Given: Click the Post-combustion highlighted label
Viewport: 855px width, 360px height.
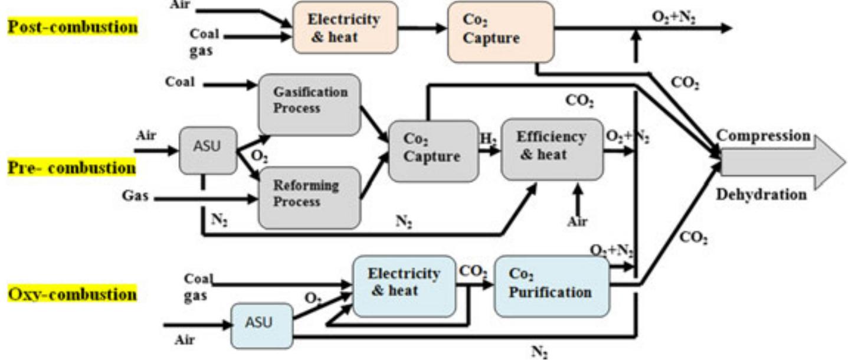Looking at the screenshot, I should point(72,27).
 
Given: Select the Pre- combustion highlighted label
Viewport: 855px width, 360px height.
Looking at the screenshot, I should point(71,168).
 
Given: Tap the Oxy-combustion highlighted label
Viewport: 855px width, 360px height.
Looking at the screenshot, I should point(72,293).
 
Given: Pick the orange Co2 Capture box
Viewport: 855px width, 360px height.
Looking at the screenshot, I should point(500,31).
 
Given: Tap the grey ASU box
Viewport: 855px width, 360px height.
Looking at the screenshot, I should point(208,150).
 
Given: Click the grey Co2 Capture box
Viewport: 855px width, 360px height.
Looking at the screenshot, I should point(433,150).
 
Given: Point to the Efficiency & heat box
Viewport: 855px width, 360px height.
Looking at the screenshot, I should point(552,148).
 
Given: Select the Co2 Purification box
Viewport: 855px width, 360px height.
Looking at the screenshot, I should point(551,286).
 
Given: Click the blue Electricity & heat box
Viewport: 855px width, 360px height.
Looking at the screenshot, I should point(404,286).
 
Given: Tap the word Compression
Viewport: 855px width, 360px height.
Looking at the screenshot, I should point(763,136).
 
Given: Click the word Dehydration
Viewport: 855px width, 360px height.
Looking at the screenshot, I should point(761,195).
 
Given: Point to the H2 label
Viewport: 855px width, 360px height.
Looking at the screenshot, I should point(488,139).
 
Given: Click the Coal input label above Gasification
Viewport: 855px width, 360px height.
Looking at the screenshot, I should point(180,82).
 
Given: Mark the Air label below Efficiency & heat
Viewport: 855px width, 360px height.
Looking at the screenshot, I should point(577,222).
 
